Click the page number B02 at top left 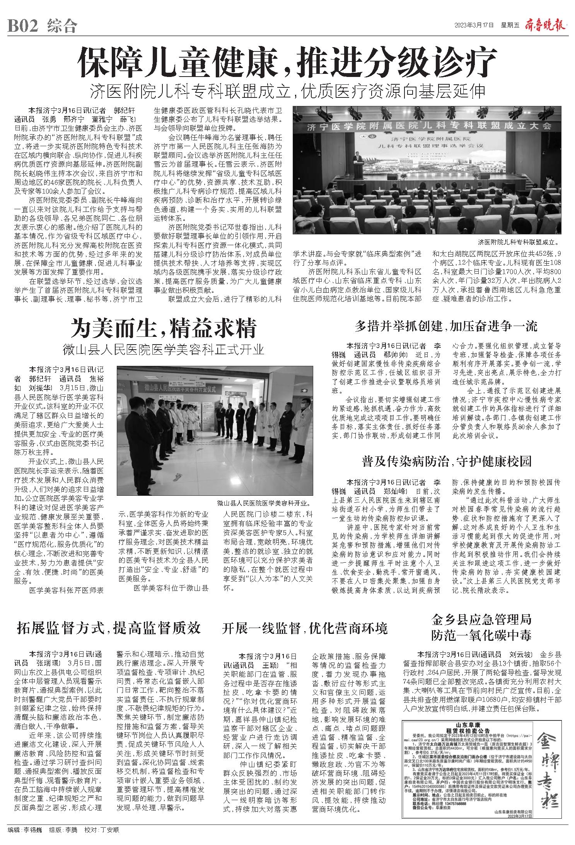click(22, 26)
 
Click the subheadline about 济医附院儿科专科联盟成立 click(287, 91)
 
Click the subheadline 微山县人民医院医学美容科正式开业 click(164, 350)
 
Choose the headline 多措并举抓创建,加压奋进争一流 click(446, 327)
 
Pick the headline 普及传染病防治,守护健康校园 click(447, 461)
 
